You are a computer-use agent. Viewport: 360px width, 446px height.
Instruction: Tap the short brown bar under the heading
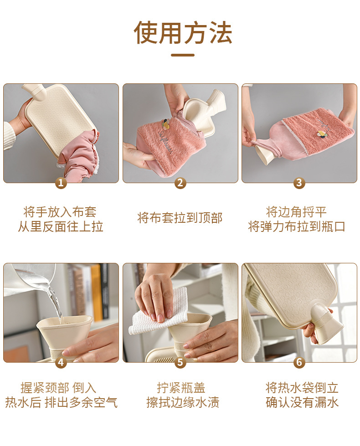point(182,55)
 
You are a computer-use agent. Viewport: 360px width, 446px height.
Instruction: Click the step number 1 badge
point(61,183)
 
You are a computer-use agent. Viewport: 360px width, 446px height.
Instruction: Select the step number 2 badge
point(180,183)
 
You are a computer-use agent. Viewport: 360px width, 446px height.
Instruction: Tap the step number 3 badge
point(299,183)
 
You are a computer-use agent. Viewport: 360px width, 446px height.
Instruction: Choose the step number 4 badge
point(61,363)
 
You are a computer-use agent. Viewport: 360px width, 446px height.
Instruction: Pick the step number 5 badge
point(180,363)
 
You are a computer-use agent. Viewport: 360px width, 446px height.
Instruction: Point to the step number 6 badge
point(299,363)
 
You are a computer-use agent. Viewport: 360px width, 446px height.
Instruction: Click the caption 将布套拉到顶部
point(180,218)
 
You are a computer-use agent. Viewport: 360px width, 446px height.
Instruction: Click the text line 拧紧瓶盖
point(181,388)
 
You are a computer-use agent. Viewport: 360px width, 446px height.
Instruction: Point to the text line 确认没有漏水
point(302,402)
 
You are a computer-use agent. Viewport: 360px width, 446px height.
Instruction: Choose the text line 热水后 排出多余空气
point(61,402)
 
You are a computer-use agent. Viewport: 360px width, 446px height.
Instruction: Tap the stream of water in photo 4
point(54,301)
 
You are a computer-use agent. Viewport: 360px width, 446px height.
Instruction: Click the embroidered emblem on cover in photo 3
point(322,133)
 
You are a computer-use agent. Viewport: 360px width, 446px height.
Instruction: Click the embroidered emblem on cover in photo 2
point(165,123)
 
